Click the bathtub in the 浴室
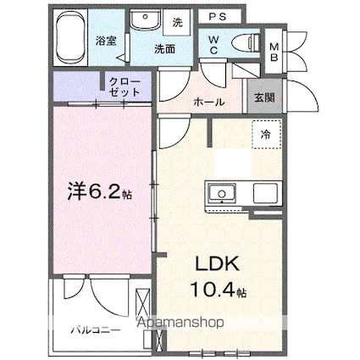click(70, 37)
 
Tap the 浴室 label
click(106, 42)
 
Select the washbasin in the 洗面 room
click(146, 19)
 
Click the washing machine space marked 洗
click(178, 22)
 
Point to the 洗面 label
click(164, 49)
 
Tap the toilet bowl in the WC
click(246, 43)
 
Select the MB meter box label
click(274, 52)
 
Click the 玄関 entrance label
click(264, 97)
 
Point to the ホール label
click(209, 102)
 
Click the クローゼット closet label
click(125, 87)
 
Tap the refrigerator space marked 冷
click(267, 135)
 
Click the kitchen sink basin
click(222, 193)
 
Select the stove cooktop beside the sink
click(265, 193)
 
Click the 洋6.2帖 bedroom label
click(99, 191)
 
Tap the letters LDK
click(218, 263)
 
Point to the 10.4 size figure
click(213, 289)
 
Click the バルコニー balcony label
click(96, 330)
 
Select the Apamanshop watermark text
click(180, 323)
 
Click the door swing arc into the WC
click(212, 77)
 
